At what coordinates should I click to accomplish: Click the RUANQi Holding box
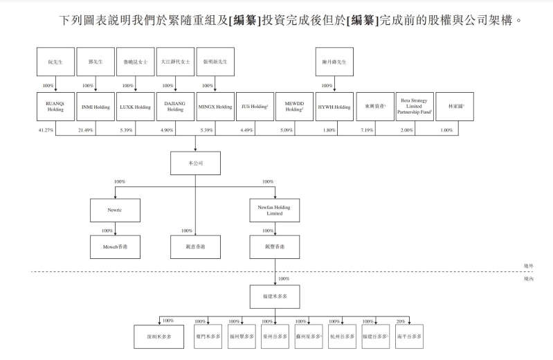(56, 108)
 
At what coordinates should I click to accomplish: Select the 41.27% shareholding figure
(46, 129)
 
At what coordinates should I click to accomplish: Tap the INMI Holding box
(96, 108)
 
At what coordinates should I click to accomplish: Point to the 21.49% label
(86, 129)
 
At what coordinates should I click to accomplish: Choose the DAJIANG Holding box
(175, 108)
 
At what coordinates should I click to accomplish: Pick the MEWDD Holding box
(294, 108)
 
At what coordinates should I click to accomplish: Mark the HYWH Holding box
(334, 108)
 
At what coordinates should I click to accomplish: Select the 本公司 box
(195, 163)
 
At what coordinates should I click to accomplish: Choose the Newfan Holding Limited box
(275, 210)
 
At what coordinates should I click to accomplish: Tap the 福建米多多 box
(275, 297)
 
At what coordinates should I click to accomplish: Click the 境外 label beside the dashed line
(529, 265)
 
